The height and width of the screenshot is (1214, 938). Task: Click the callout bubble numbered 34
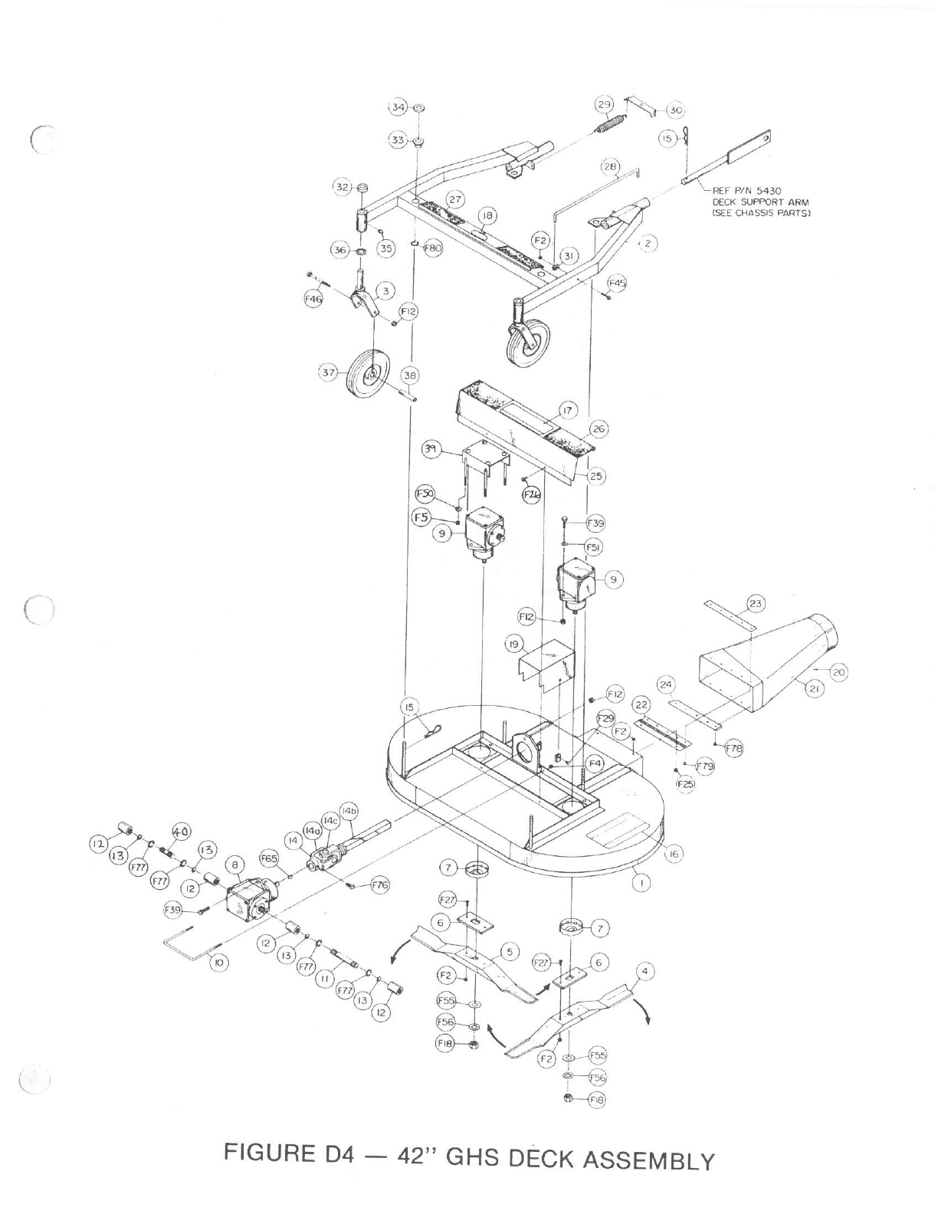pyautogui.click(x=398, y=107)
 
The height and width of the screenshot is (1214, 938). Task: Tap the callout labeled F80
pyautogui.click(x=432, y=248)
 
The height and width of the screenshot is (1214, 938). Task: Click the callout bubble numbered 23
pyautogui.click(x=756, y=604)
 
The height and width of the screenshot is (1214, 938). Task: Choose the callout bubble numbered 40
pyautogui.click(x=181, y=832)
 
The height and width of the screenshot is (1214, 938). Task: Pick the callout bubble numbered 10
pyautogui.click(x=219, y=963)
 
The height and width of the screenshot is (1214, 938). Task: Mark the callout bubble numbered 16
pyautogui.click(x=673, y=854)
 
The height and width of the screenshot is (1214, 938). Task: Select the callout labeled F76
pyautogui.click(x=380, y=885)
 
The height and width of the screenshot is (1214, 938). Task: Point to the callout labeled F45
pyautogui.click(x=616, y=284)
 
